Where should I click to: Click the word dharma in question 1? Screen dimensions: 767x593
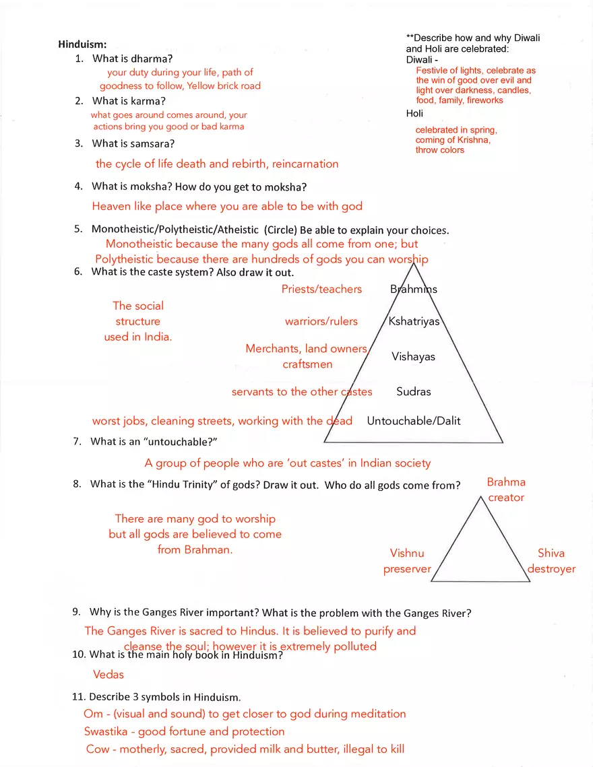152,59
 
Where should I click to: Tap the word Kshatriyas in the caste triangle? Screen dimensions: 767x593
414,321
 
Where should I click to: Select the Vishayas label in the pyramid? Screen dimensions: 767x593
413,356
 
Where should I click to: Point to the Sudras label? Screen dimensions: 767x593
413,391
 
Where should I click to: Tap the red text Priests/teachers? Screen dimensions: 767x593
321,289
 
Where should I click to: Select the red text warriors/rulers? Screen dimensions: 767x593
321,321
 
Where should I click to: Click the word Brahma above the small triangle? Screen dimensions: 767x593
506,482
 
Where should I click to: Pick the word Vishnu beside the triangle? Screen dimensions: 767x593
407,553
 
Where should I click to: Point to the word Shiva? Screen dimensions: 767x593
551,553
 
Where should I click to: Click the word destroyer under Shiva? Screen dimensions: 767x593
551,568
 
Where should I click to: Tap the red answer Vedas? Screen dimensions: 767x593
108,674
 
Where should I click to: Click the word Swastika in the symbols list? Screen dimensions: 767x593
108,731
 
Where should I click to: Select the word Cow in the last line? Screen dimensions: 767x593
98,749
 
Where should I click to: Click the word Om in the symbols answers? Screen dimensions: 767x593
93,714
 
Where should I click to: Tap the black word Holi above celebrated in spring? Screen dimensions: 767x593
414,113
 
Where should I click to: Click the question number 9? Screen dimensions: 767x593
77,612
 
